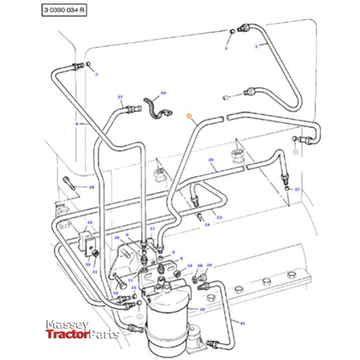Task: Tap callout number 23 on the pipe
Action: (x=219, y=217)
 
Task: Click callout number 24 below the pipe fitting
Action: (x=207, y=224)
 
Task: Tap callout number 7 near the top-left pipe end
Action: (x=96, y=76)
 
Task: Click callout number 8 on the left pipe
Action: (x=76, y=124)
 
